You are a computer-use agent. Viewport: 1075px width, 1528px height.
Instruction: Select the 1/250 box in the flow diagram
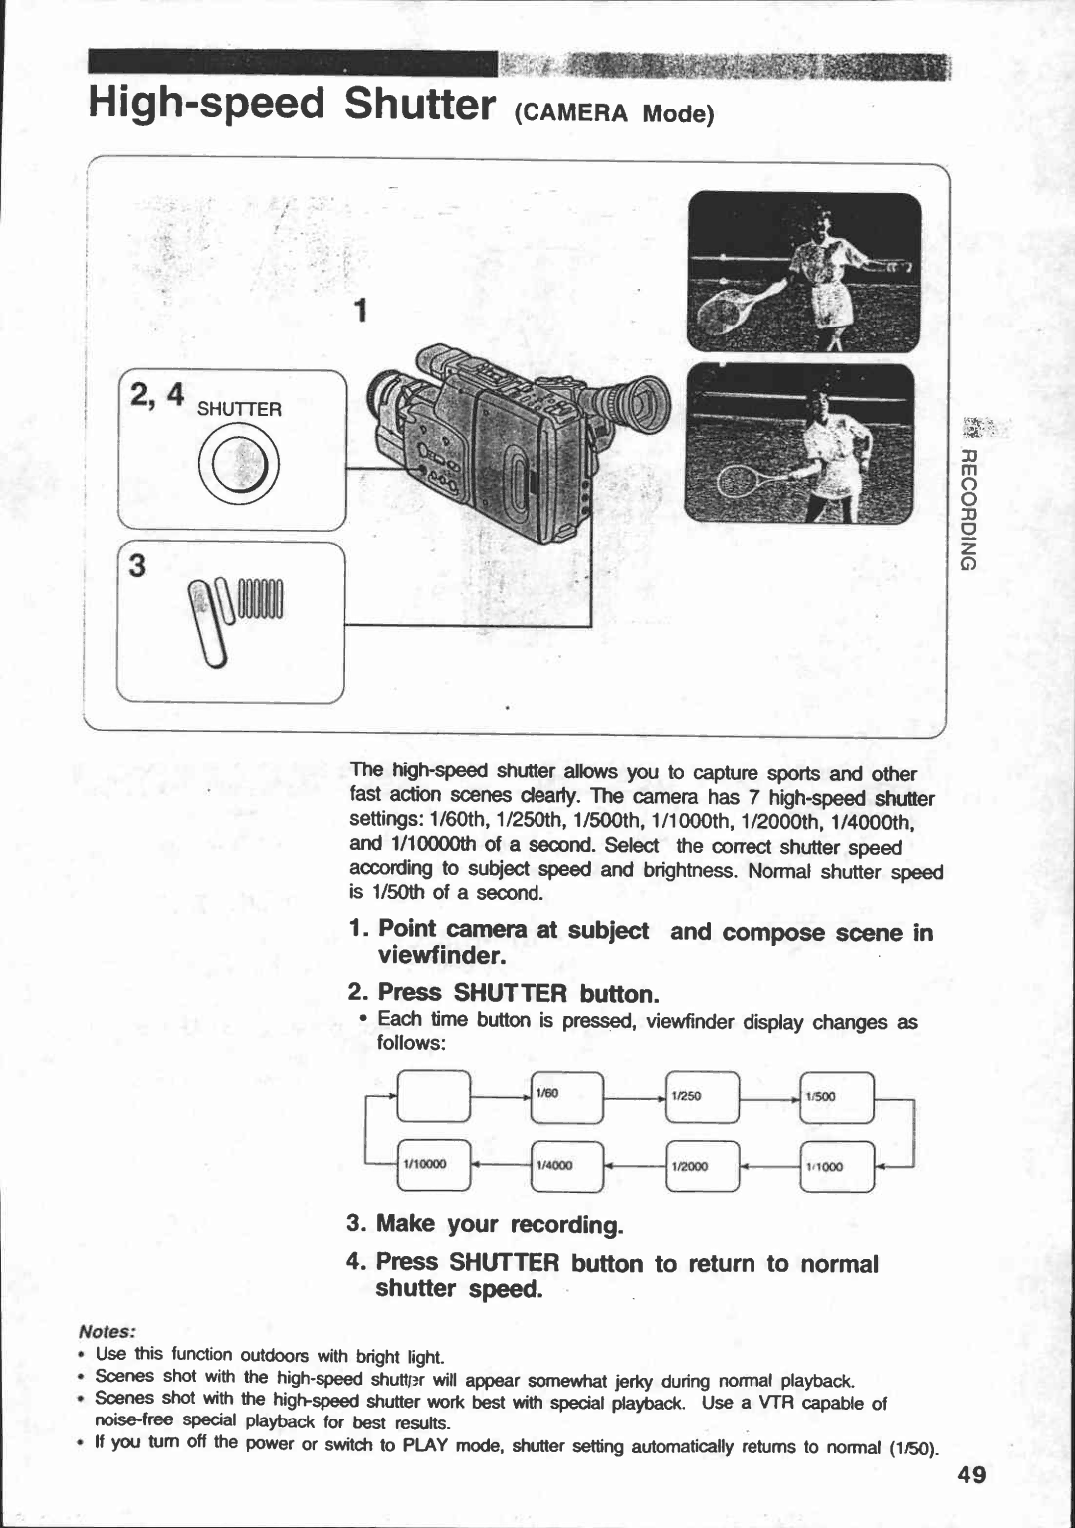point(702,1096)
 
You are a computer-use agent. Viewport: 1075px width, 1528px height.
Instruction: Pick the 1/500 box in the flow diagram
point(836,1096)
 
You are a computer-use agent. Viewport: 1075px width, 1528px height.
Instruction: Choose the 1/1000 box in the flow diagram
point(836,1166)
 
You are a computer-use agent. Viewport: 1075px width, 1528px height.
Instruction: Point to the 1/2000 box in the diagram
point(702,1166)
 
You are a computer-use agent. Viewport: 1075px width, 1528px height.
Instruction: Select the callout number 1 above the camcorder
point(363,312)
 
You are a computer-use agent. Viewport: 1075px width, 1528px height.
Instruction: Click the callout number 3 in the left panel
point(137,566)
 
